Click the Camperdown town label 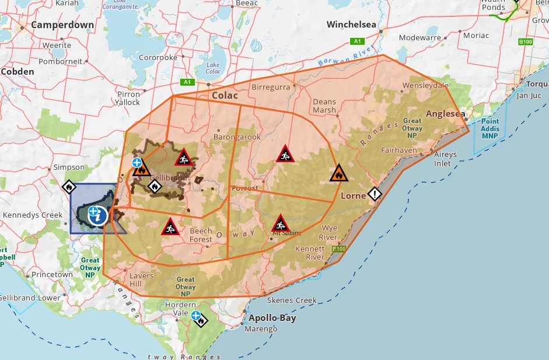click(x=62, y=25)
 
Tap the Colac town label click(x=225, y=95)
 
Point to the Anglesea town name click(x=446, y=114)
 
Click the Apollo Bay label click(x=272, y=319)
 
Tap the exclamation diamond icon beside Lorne click(x=374, y=194)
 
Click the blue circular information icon click(x=98, y=216)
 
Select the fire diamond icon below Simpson click(x=69, y=187)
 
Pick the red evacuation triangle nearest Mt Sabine click(x=281, y=224)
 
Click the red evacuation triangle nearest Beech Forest click(x=170, y=226)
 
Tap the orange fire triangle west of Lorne click(x=338, y=173)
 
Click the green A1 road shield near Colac click(x=187, y=82)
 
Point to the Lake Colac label click(x=213, y=68)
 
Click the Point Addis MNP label click(x=490, y=128)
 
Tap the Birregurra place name click(x=271, y=88)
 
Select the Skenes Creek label click(x=292, y=300)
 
